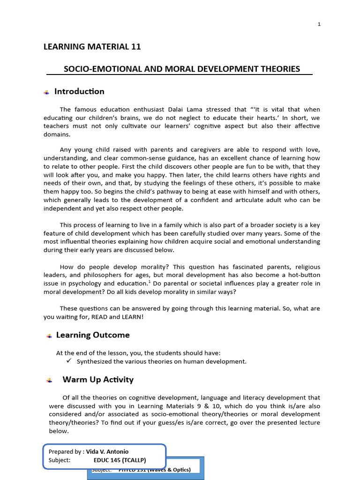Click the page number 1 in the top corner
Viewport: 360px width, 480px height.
tap(319, 24)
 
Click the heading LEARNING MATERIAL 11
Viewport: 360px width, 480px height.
tap(92, 46)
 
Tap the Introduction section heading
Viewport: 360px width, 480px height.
tap(79, 91)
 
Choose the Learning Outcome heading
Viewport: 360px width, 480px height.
tap(93, 335)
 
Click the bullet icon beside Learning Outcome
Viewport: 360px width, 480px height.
tap(49, 336)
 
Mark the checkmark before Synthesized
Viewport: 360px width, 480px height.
tap(68, 361)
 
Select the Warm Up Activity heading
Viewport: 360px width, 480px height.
tap(98, 380)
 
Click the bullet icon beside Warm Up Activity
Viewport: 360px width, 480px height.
tap(49, 381)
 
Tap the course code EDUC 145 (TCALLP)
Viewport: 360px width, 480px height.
tap(120, 460)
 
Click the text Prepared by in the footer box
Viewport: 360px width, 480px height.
tap(66, 452)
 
